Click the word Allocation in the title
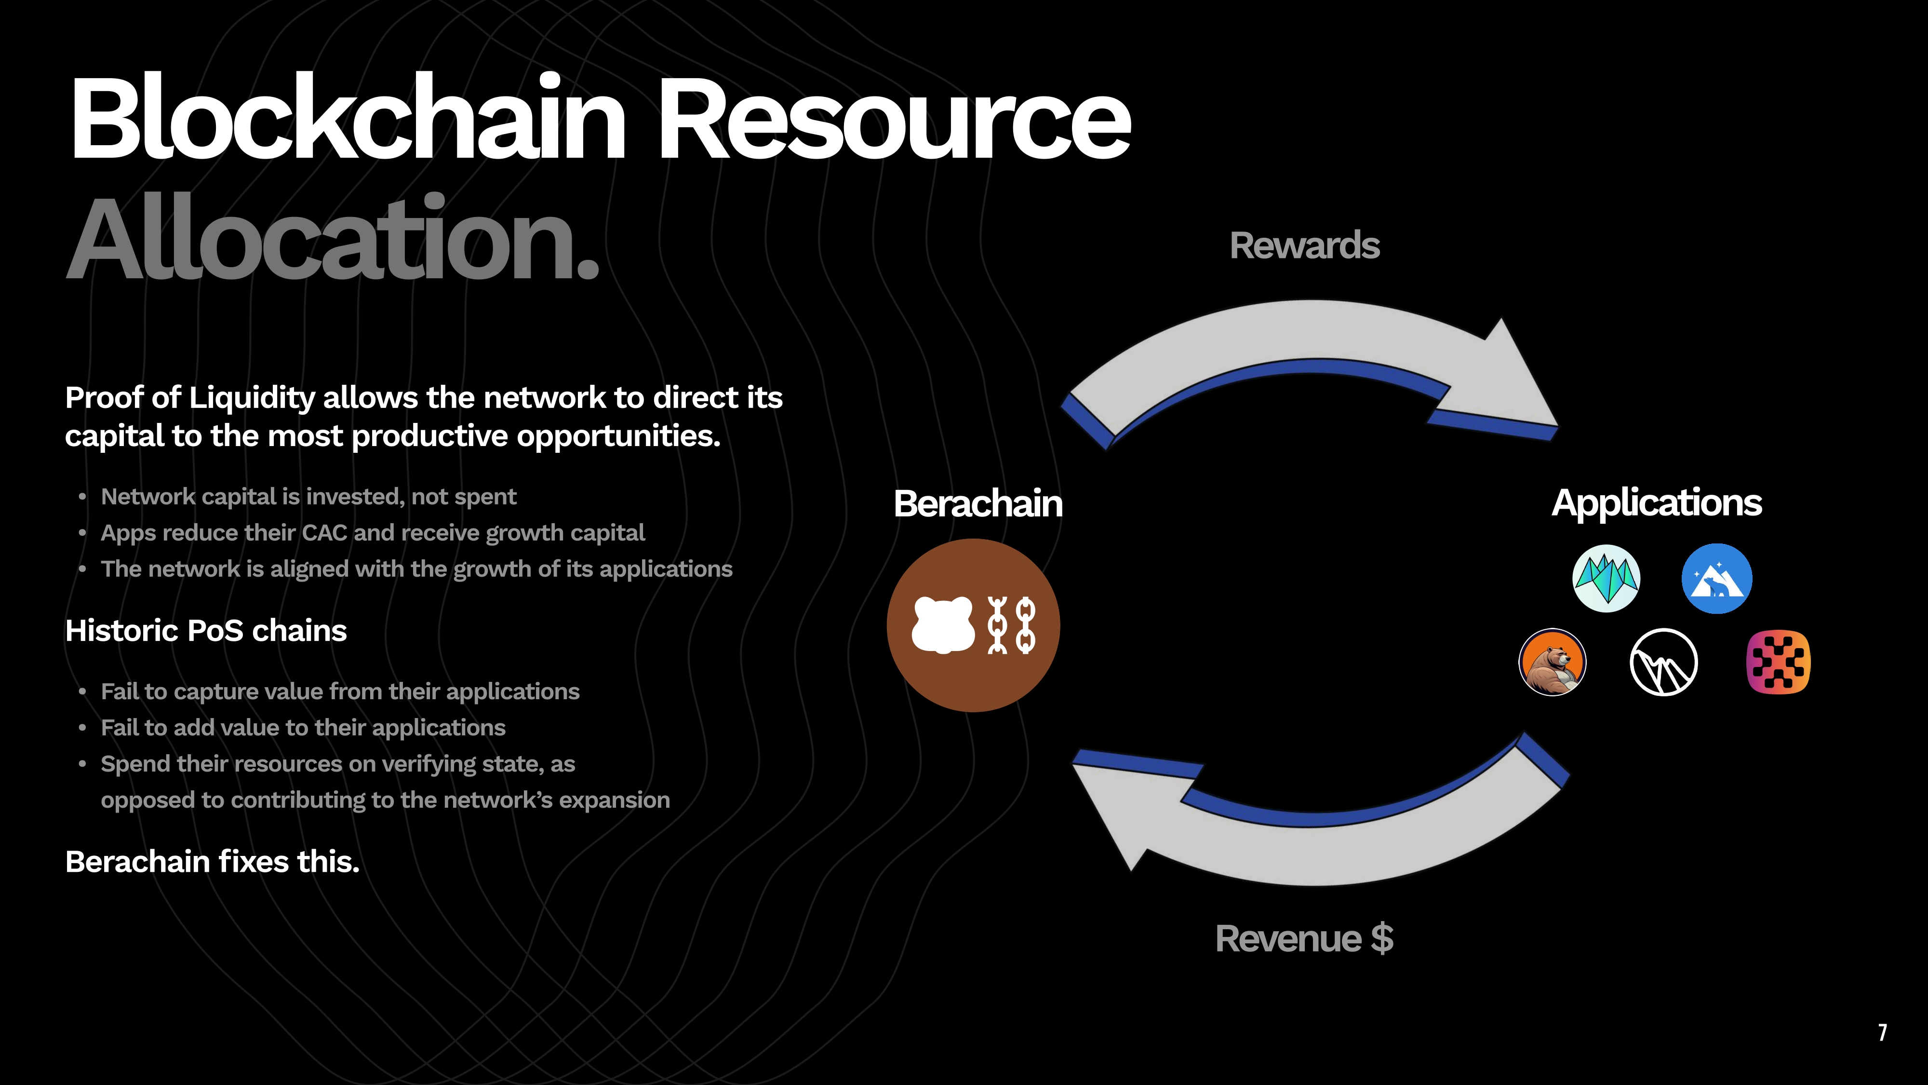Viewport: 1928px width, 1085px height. point(333,240)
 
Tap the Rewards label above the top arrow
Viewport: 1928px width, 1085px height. point(1305,245)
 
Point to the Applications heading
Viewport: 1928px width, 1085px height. point(1656,502)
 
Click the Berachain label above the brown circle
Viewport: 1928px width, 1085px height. point(977,503)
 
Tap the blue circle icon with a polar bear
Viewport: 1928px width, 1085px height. point(1716,579)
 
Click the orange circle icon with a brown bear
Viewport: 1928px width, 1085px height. point(1552,662)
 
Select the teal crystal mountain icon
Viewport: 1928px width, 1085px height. point(1606,579)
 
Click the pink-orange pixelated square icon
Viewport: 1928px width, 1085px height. point(1778,662)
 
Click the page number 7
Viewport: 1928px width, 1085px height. point(1882,1032)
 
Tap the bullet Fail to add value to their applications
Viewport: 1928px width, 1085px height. point(303,728)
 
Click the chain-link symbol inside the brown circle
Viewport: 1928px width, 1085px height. point(1012,625)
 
